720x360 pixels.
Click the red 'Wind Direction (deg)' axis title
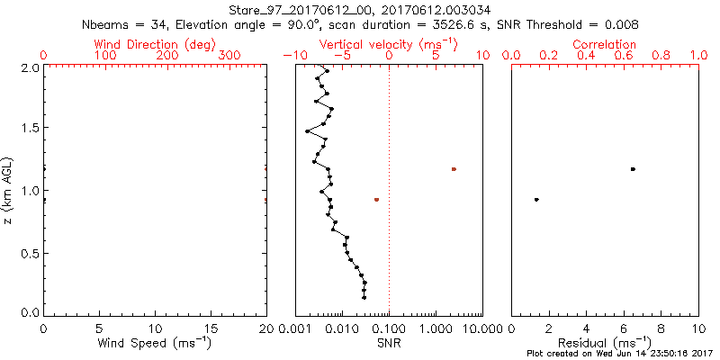click(155, 44)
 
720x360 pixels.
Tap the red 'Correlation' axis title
click(605, 44)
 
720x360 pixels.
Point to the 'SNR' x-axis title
click(388, 344)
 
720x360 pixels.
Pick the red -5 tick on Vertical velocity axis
click(338, 56)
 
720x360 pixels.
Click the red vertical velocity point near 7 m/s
click(454, 169)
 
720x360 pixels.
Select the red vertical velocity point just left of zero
click(376, 199)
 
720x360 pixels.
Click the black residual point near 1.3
click(536, 199)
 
